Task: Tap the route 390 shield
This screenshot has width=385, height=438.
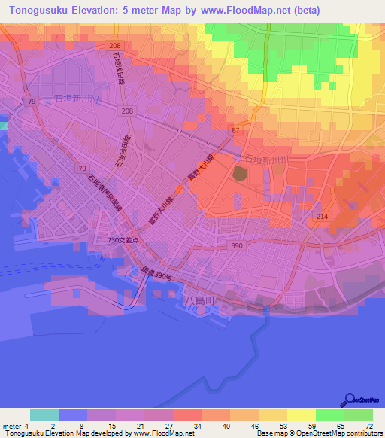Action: (x=256, y=247)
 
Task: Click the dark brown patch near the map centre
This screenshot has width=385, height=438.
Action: (x=239, y=174)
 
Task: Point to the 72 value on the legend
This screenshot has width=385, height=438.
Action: (x=369, y=425)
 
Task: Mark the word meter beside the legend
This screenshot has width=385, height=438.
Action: (x=11, y=425)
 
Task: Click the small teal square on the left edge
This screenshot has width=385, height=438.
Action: (x=3, y=125)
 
